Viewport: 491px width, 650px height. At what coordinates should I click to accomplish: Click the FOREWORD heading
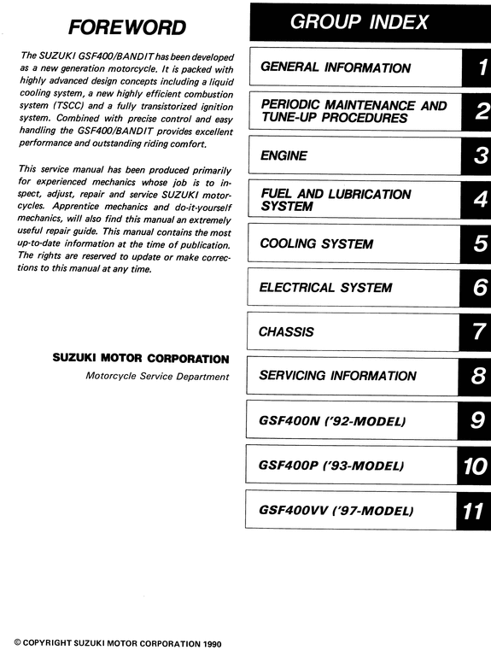(126, 27)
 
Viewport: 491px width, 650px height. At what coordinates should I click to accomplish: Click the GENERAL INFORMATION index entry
(336, 67)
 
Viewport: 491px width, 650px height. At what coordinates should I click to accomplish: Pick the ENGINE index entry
(283, 156)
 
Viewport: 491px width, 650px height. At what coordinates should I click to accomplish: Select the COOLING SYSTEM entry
(316, 244)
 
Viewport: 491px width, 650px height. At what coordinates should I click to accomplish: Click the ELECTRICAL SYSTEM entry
(326, 288)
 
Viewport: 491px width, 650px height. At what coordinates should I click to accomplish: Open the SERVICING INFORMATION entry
(337, 376)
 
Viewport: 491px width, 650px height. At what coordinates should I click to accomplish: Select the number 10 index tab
(474, 466)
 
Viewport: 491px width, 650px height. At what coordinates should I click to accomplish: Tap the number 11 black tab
(474, 511)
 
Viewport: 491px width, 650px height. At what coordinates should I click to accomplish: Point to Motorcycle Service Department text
(157, 376)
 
